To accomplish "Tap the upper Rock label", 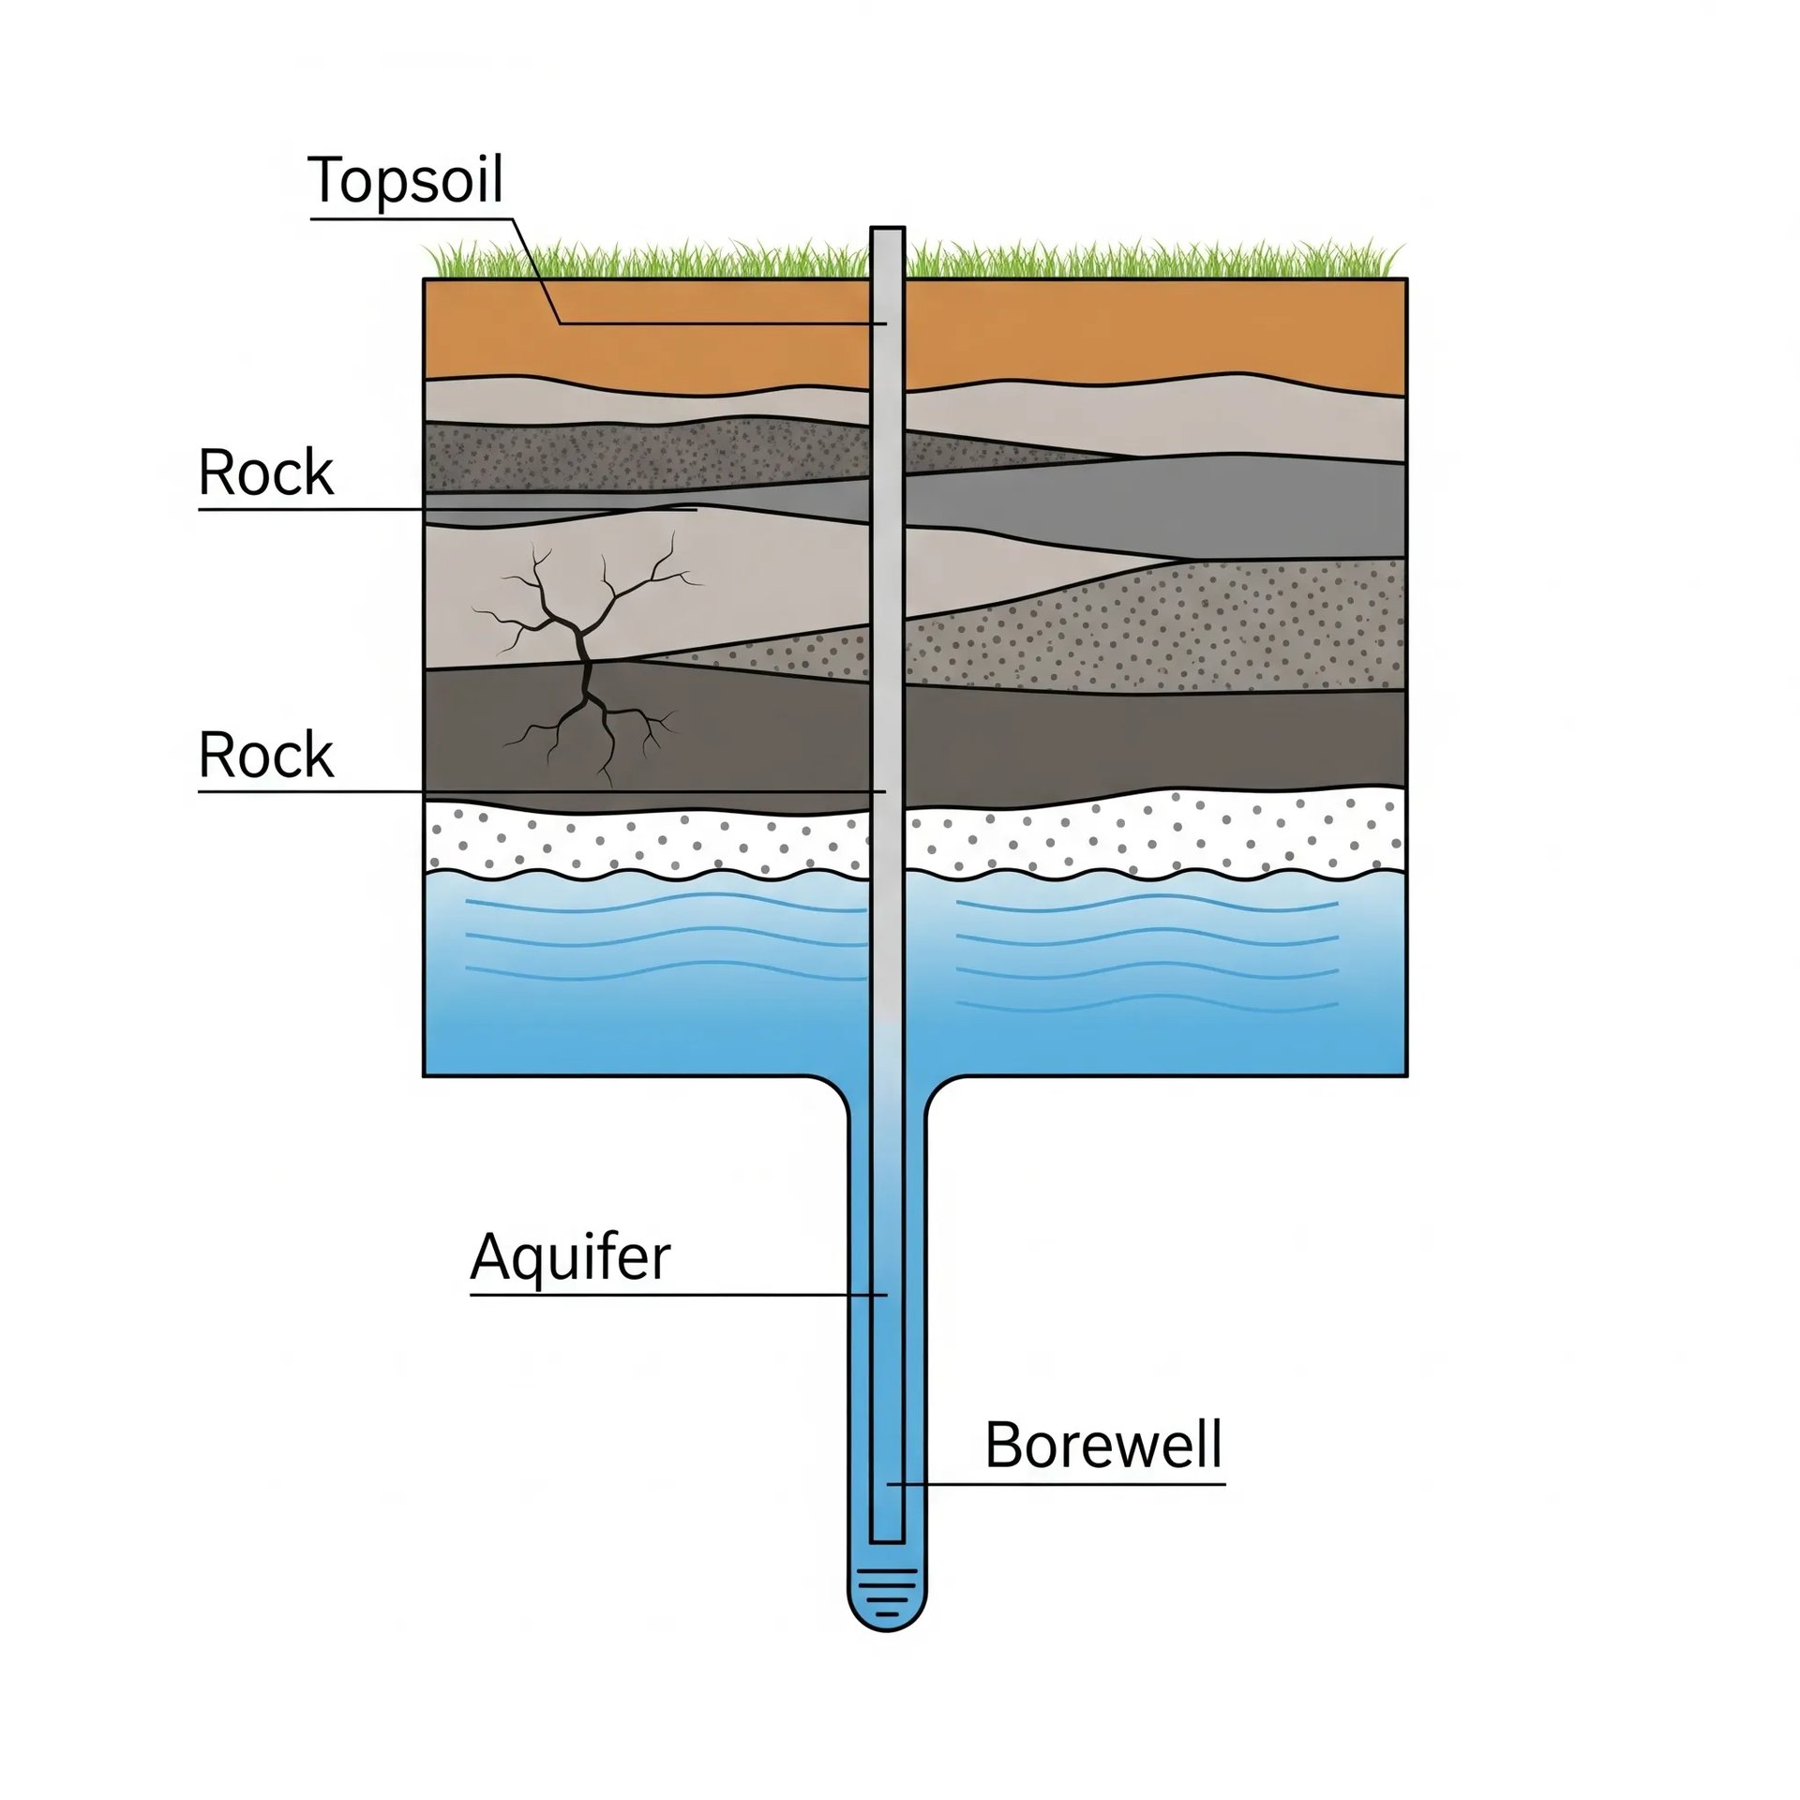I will [x=265, y=473].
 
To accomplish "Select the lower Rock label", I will [x=265, y=756].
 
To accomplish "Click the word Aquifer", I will [x=570, y=1257].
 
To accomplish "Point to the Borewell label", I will [x=1103, y=1445].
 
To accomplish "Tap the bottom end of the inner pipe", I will [x=887, y=1539].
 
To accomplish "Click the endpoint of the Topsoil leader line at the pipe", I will [x=885, y=323].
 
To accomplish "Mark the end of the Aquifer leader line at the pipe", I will [x=885, y=1295].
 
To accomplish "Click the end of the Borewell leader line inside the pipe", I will [x=891, y=1484].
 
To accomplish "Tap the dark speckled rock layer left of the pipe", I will [x=647, y=457].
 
